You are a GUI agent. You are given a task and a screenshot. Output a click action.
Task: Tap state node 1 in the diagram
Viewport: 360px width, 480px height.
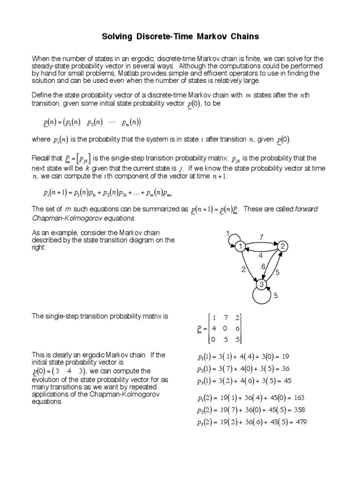[x=240, y=247]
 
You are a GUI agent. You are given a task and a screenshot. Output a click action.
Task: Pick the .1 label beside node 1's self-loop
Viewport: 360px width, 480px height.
[x=226, y=233]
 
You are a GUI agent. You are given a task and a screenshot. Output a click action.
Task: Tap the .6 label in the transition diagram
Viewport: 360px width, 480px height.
[x=263, y=267]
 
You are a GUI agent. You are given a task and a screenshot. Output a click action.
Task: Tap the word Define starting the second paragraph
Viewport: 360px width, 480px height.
[x=42, y=95]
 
